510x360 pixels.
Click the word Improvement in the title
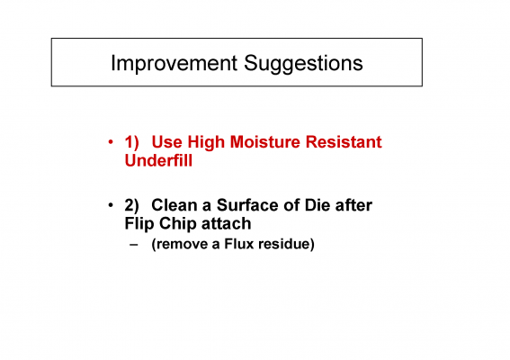174,64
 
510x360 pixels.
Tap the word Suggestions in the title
303,64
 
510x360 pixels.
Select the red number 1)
131,142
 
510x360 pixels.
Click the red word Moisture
264,142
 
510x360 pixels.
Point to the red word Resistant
344,142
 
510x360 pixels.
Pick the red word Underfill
158,160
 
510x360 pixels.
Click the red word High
206,143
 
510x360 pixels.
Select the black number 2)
131,205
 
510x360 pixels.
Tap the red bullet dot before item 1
111,142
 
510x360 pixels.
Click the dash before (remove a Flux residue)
134,245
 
